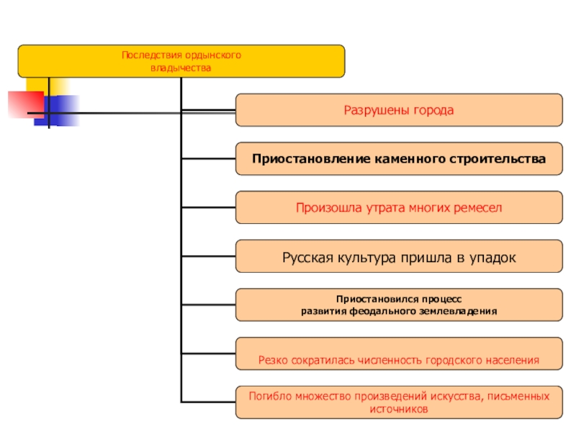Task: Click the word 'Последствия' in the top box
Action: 146,55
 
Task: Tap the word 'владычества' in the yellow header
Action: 181,68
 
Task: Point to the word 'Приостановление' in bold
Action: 310,157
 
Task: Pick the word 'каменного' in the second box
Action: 408,157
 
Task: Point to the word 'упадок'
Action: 492,257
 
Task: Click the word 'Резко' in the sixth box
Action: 274,358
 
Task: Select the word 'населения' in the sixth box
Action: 510,358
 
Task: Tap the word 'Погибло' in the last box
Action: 269,396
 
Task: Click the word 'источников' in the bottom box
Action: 399,408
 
